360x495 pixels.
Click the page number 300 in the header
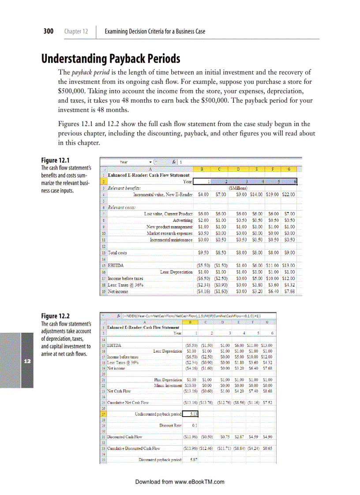[x=48, y=31]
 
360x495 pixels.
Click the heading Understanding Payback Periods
[x=111, y=58]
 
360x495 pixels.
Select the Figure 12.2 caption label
[x=55, y=316]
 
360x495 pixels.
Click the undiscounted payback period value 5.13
[x=193, y=413]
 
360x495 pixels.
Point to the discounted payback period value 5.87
[x=193, y=459]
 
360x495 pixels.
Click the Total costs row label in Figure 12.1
[x=117, y=253]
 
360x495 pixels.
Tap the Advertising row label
[x=182, y=220]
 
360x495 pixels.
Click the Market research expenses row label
[x=169, y=233]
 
